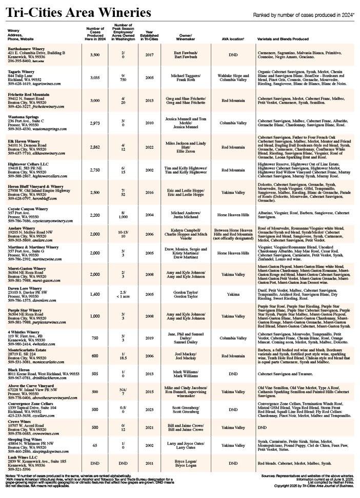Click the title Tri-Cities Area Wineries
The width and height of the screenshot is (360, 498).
(79, 12)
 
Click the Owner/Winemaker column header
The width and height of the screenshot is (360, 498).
(185, 37)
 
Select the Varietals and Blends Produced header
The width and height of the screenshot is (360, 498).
(283, 39)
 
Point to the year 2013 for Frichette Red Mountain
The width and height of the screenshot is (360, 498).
(149, 101)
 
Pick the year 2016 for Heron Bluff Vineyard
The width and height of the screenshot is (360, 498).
(149, 193)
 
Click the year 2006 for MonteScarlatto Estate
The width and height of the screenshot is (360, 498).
(149, 356)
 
